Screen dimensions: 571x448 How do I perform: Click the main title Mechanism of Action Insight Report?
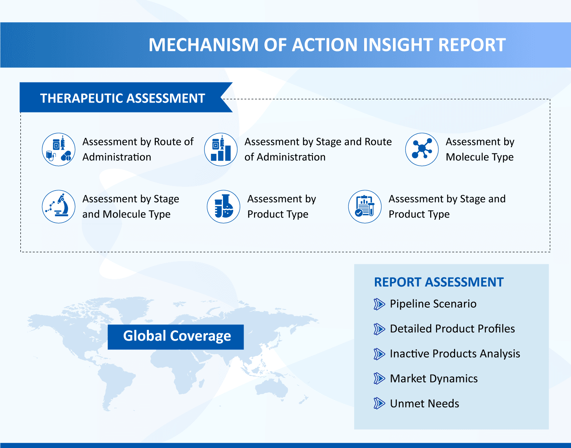coord(327,44)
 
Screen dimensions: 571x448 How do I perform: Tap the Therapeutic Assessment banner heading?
coord(122,98)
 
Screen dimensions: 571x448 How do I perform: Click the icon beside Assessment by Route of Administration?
coord(59,150)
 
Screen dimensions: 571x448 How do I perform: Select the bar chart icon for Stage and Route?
coord(221,150)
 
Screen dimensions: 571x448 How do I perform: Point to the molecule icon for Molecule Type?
coord(422,150)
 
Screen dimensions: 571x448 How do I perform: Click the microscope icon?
coord(59,207)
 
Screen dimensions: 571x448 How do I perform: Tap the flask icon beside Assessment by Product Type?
coord(223,207)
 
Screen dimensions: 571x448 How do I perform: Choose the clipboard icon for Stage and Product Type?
coord(365,207)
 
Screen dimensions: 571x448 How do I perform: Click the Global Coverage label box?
coord(175,337)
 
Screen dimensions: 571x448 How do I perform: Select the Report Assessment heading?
coord(439,282)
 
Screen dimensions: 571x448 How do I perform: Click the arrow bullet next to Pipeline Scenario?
coord(379,304)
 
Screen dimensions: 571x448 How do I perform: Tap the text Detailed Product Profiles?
coord(452,329)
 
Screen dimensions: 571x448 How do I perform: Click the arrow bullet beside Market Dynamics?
coord(379,379)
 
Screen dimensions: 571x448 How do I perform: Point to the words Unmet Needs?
coord(424,404)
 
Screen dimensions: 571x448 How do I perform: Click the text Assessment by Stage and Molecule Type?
coord(130,207)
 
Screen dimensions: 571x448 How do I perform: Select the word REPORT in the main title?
coord(472,44)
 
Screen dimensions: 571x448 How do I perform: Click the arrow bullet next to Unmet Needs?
coord(379,404)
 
